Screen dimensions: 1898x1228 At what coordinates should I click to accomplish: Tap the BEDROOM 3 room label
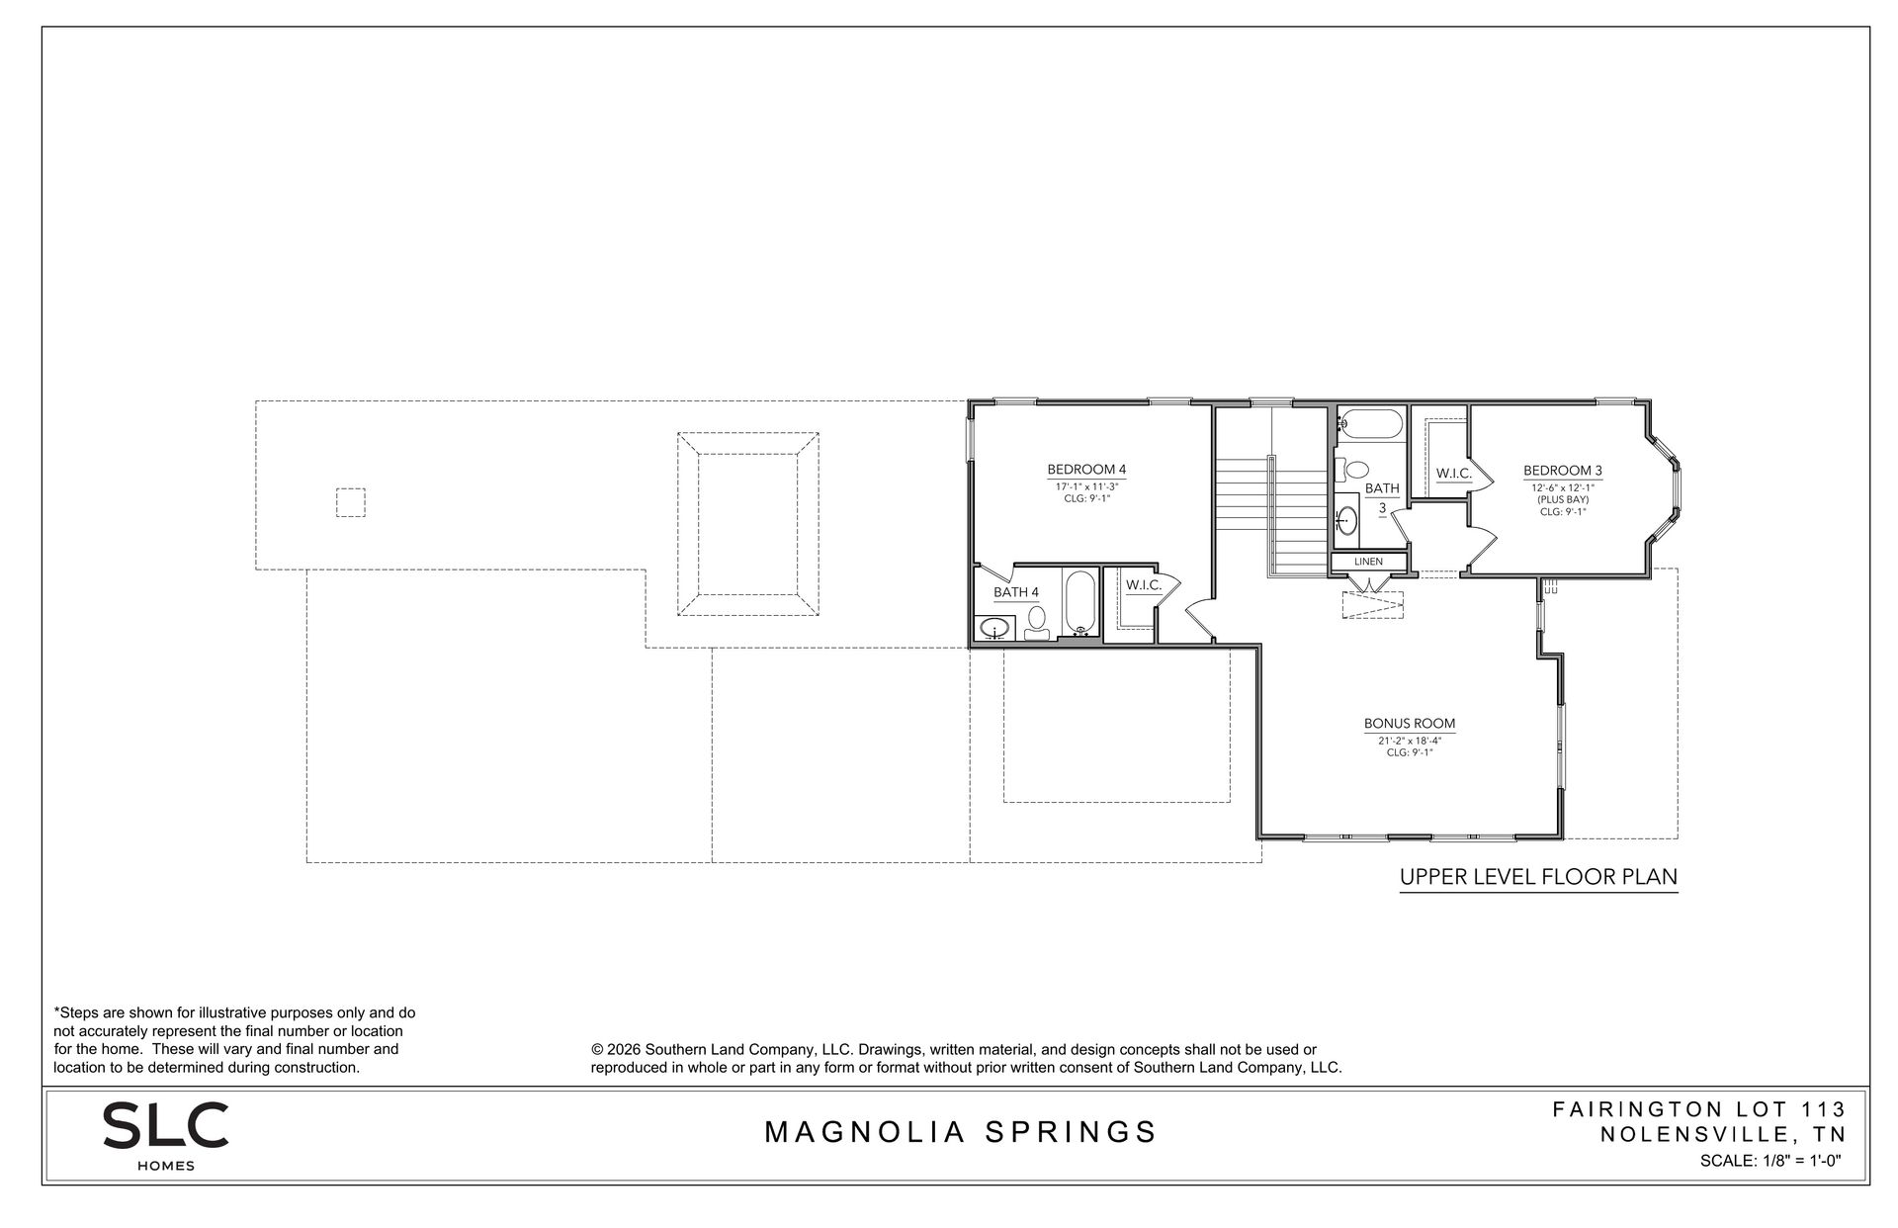pos(1562,471)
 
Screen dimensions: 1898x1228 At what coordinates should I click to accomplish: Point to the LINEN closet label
pos(1368,562)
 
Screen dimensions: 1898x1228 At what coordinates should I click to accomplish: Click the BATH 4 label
pos(1016,593)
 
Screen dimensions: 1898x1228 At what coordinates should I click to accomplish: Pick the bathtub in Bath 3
pos(1370,423)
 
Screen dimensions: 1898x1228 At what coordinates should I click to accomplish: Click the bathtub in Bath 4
pos(1080,602)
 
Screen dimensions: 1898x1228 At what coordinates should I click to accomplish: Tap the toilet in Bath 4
pos(1037,624)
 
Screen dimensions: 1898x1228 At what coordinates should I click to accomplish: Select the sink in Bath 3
pos(1346,518)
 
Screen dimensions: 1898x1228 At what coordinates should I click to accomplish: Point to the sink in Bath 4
pos(994,627)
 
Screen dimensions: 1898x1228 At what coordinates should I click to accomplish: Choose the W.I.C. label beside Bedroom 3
pos(1454,475)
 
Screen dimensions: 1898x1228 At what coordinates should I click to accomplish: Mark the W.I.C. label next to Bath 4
pos(1144,585)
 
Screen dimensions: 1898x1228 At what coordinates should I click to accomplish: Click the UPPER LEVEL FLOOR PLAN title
pos(1539,877)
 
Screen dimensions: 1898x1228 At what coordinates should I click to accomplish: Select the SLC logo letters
pos(166,1125)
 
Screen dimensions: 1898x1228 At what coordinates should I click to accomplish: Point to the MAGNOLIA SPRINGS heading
pos(962,1132)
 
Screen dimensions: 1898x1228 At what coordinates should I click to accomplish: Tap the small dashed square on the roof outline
pos(350,503)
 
